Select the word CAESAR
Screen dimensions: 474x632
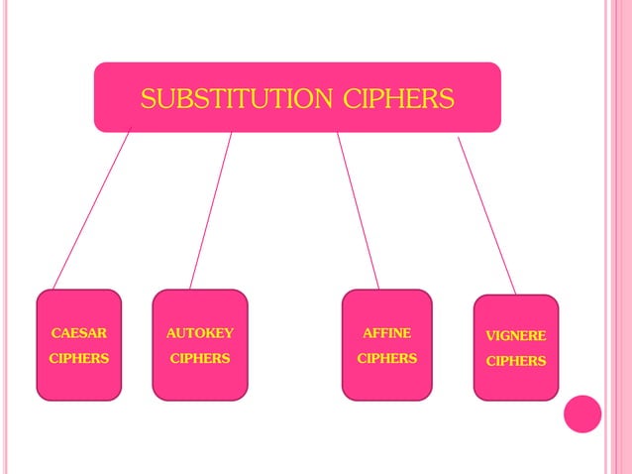click(79, 333)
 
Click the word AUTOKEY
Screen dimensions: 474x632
click(200, 333)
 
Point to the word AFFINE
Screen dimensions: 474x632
click(386, 333)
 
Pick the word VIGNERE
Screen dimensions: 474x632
click(515, 336)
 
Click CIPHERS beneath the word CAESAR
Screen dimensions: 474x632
click(79, 358)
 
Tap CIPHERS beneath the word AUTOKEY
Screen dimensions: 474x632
click(200, 358)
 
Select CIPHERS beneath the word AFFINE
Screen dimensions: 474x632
click(386, 358)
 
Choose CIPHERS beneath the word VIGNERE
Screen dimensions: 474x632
click(515, 361)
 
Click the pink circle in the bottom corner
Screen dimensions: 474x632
click(582, 414)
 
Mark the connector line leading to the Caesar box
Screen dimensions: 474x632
click(91, 210)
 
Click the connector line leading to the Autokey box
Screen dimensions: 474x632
click(211, 210)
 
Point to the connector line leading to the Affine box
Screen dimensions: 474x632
click(358, 210)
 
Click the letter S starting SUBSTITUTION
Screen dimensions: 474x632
click(148, 99)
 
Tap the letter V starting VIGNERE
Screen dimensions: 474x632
click(489, 336)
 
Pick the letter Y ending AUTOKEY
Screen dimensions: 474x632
click(229, 333)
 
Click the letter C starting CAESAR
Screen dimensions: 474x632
click(55, 333)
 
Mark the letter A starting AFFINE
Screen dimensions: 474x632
click(367, 333)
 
